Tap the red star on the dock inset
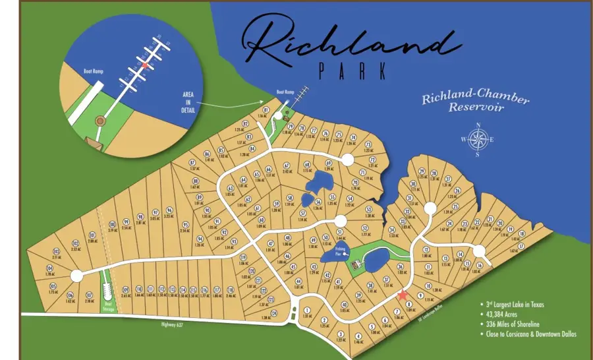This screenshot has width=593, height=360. [144, 66]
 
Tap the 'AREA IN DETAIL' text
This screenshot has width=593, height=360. [188, 103]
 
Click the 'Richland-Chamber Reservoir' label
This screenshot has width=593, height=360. [466, 102]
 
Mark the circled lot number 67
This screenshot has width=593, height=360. [287, 165]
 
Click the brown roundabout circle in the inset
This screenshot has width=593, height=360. [99, 121]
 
